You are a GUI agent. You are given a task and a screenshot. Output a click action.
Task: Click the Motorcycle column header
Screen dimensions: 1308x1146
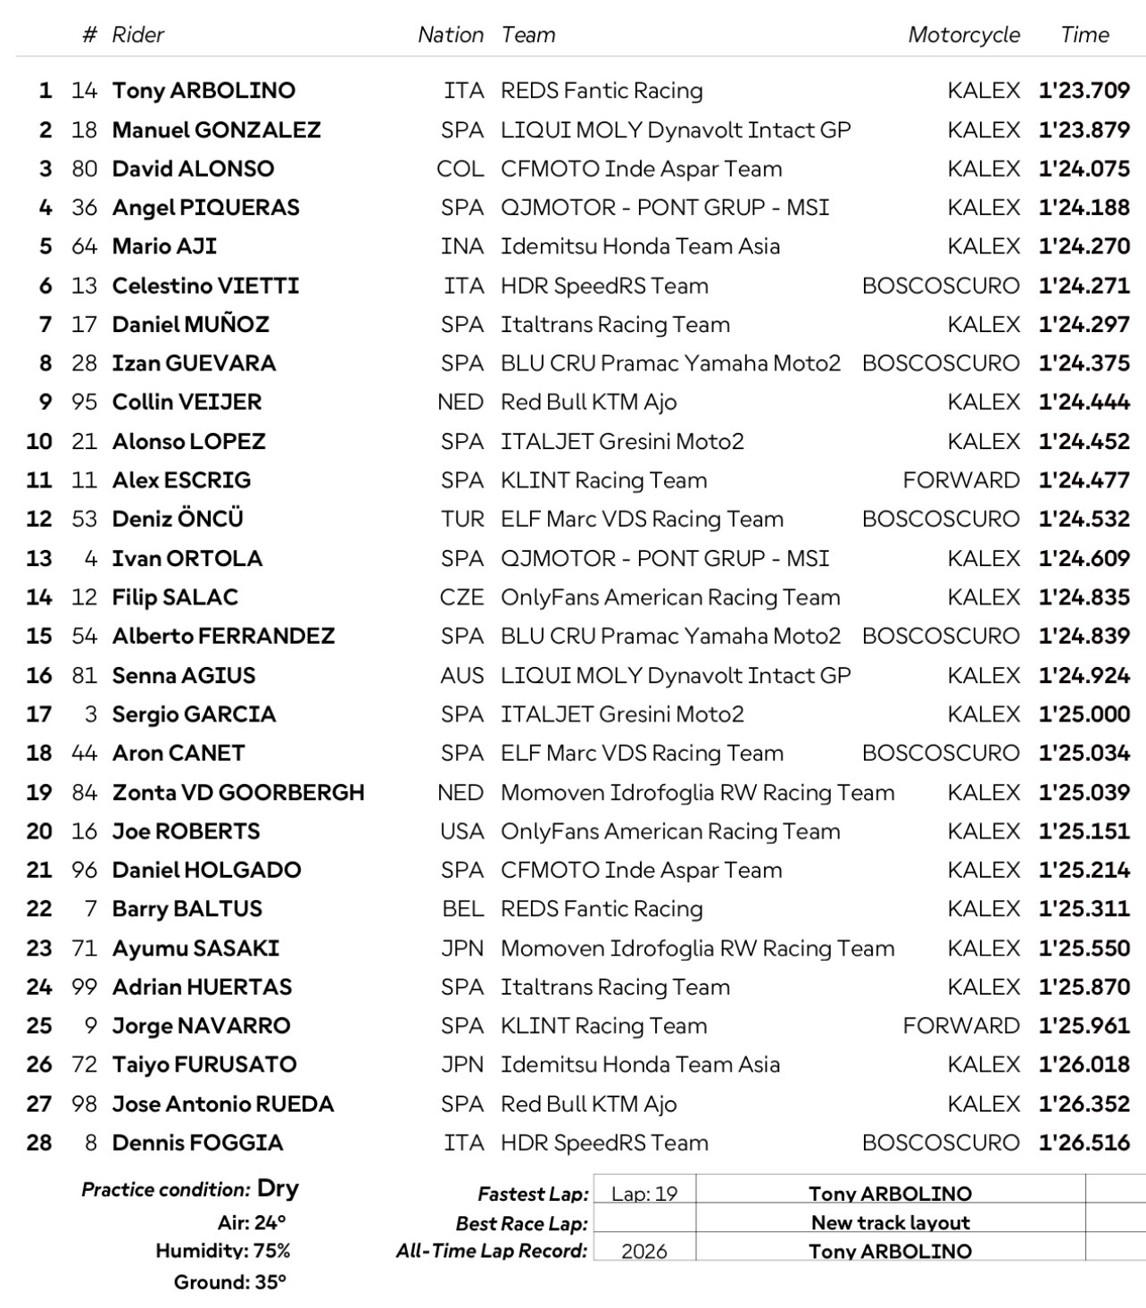click(x=963, y=35)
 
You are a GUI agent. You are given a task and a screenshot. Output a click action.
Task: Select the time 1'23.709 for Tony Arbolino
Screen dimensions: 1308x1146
click(x=1084, y=90)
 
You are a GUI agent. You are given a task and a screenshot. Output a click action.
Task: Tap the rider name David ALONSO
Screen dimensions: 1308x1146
click(x=193, y=169)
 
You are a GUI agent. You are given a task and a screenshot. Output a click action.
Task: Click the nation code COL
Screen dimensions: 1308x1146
click(x=460, y=169)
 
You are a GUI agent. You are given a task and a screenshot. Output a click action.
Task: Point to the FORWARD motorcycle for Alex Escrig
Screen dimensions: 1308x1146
click(x=960, y=480)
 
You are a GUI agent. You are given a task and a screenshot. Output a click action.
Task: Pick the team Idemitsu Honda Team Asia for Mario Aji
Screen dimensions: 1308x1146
click(x=640, y=246)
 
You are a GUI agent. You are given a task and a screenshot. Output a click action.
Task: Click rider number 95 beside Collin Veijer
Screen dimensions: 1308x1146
click(x=84, y=402)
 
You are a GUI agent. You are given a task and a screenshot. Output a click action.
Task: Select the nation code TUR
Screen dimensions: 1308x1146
click(x=462, y=519)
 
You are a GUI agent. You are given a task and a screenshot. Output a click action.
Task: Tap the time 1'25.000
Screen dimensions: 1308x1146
click(x=1084, y=714)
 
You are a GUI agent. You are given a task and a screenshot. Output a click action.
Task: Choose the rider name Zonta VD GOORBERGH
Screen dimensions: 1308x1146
click(x=238, y=792)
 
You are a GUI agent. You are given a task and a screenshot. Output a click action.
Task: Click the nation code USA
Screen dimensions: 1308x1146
click(x=461, y=831)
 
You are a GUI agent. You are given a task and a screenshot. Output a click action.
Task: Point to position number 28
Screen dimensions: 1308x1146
click(x=39, y=1143)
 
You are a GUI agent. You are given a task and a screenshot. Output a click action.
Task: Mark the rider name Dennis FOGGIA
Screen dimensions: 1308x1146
click(x=197, y=1143)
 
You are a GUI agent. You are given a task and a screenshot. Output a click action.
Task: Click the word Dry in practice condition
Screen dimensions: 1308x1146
click(x=278, y=1188)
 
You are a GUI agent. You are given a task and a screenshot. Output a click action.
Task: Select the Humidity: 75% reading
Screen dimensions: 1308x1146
click(x=222, y=1251)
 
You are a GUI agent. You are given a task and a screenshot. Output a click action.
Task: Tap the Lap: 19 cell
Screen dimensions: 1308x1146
click(x=644, y=1194)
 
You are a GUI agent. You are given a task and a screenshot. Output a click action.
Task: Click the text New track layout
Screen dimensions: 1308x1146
click(x=890, y=1222)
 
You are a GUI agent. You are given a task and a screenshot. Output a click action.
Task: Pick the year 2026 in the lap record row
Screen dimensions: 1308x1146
click(x=644, y=1251)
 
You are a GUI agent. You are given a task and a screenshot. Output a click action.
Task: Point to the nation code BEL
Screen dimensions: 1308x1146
click(x=462, y=909)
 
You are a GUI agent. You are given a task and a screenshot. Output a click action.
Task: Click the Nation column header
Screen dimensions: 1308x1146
click(x=450, y=35)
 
